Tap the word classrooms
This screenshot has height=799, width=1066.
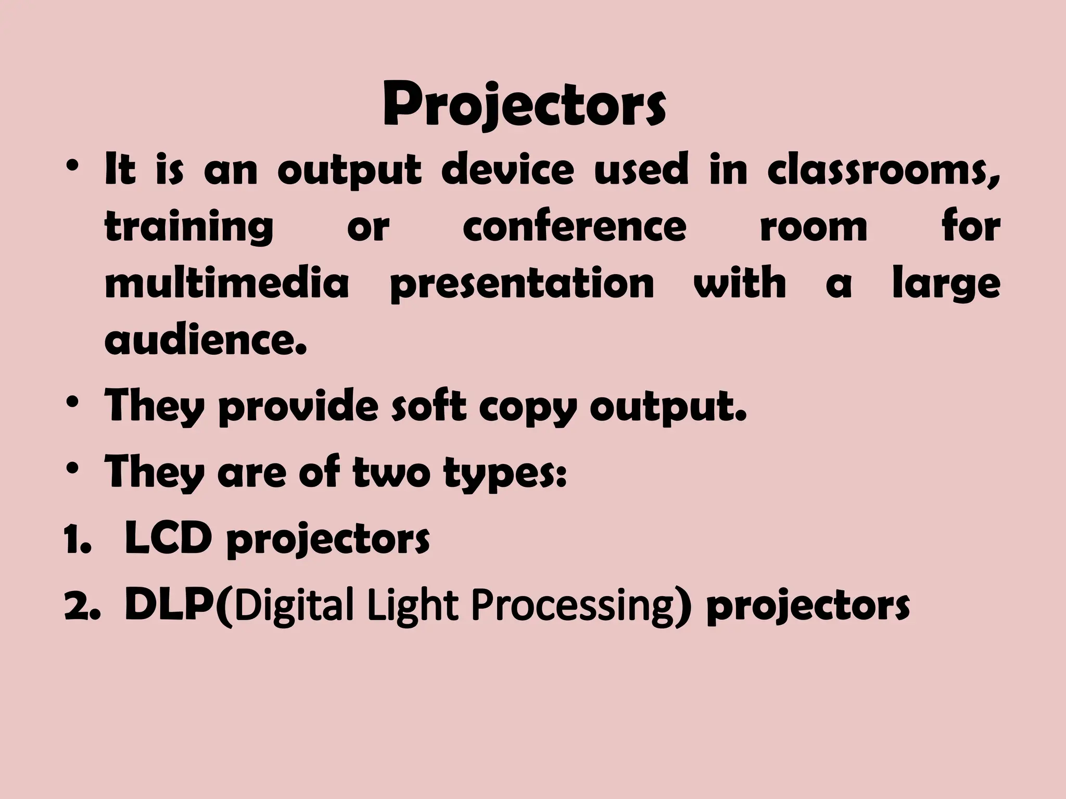pyautogui.click(x=883, y=170)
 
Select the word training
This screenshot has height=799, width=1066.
pyautogui.click(x=189, y=227)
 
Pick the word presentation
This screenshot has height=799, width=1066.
pyautogui.click(x=522, y=285)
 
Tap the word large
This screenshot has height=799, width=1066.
pyautogui.click(x=946, y=285)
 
